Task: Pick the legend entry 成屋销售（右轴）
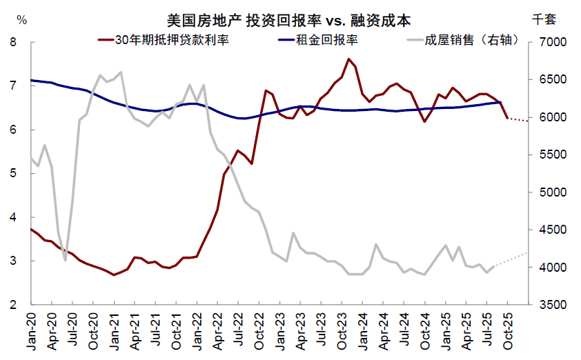460,40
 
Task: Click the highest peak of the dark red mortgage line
348,59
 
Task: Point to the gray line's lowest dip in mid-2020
65,260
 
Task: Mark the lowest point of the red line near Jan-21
114,274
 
